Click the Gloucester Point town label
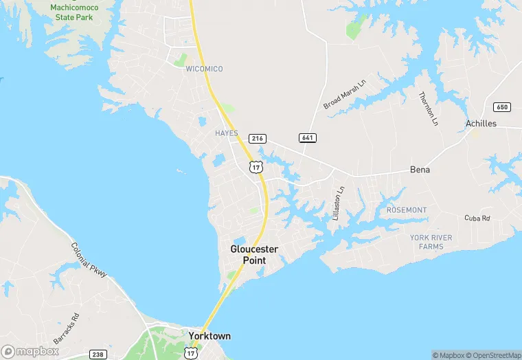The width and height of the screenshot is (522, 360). tap(253, 254)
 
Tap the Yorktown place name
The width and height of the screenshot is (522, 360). tap(209, 336)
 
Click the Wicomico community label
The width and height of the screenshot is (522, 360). tap(204, 69)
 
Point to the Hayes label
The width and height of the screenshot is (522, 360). tap(226, 133)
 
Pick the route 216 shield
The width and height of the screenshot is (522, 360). tap(257, 138)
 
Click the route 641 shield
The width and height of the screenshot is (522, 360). tap(307, 138)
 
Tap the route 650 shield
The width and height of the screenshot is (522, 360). tap(501, 106)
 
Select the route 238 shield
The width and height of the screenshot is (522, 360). tap(98, 355)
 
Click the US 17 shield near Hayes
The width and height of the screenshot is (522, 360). tap(256, 167)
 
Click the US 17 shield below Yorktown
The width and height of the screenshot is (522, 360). tap(191, 352)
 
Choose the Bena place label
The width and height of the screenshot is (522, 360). tap(420, 169)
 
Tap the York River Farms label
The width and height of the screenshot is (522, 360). tap(431, 242)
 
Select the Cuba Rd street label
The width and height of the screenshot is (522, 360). tap(477, 218)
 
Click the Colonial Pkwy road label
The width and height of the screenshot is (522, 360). tap(89, 260)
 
